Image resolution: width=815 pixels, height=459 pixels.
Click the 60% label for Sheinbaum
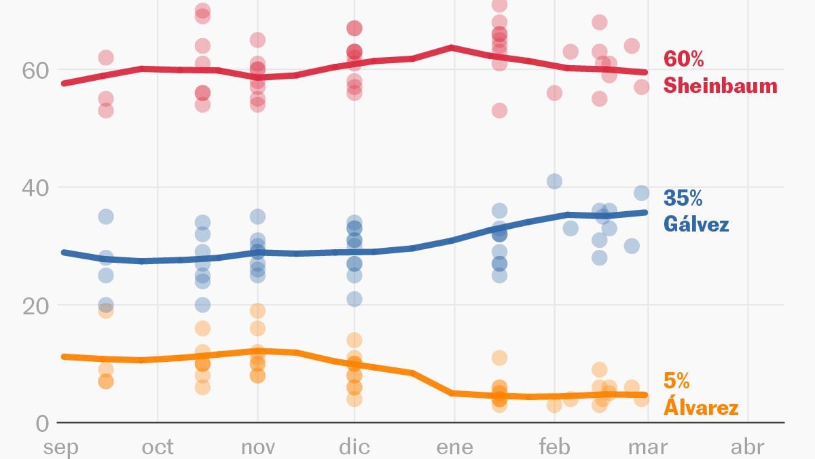[x=684, y=60]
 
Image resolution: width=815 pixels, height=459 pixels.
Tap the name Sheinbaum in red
[x=720, y=86]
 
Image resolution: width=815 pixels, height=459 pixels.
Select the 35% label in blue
[x=683, y=198]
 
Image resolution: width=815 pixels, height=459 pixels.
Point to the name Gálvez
[x=695, y=223]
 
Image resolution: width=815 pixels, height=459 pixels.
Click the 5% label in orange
[x=677, y=382]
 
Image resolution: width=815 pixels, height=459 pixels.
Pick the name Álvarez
[x=700, y=407]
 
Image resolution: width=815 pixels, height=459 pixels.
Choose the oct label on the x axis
[x=158, y=447]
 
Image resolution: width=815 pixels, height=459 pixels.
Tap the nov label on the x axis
[x=257, y=447]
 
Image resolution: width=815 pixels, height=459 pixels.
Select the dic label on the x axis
[x=355, y=447]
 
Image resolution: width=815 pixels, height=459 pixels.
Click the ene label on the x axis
[x=454, y=447]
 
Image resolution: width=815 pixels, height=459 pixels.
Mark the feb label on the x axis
[x=554, y=447]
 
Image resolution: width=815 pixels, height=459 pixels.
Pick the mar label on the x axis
[x=647, y=447]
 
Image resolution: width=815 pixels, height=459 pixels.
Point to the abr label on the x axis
[x=748, y=447]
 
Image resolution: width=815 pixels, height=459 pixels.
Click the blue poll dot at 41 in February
[x=554, y=181]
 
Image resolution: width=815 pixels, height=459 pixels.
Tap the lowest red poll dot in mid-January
[x=499, y=111]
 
